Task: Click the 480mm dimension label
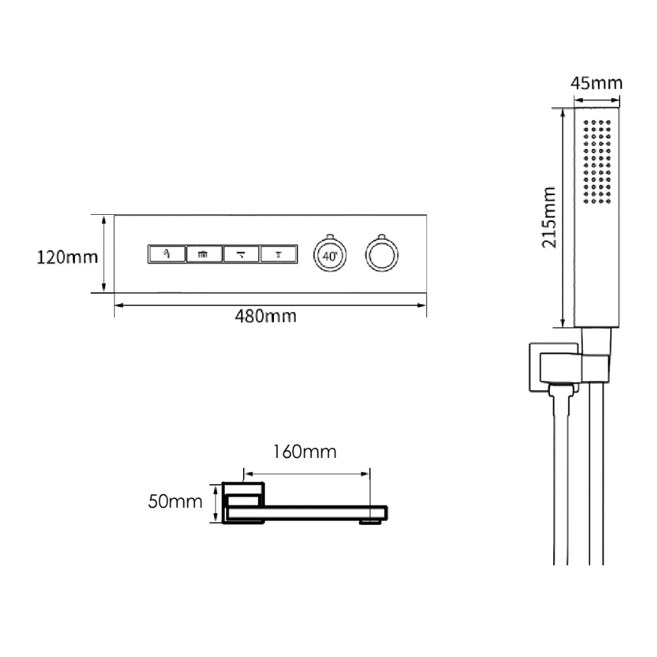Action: coord(265,317)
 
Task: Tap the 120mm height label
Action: coord(67,258)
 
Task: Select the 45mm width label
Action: coord(597,83)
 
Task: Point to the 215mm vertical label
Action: coord(549,217)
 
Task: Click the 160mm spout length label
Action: coord(305,452)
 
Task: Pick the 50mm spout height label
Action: coord(175,501)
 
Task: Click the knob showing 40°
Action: coord(330,255)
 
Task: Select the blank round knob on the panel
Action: coord(382,255)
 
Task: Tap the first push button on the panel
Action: coord(167,254)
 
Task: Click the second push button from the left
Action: coord(204,254)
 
